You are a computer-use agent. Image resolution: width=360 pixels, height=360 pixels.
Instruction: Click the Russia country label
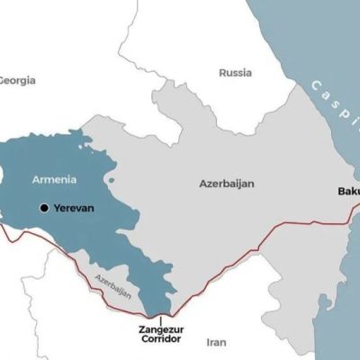[236, 74]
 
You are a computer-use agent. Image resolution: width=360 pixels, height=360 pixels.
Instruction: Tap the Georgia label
[16, 80]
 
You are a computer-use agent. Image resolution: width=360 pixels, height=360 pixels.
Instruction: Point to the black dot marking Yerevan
[43, 208]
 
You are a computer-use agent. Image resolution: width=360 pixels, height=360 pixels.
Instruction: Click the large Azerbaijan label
[226, 184]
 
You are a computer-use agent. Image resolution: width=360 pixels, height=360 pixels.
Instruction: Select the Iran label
[216, 343]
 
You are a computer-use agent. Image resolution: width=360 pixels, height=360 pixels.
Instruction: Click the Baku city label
[348, 192]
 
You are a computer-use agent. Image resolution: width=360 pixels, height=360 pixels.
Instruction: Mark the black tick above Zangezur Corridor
[160, 318]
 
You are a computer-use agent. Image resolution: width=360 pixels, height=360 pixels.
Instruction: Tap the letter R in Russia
[222, 74]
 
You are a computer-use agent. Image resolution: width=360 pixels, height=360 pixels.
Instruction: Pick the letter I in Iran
[208, 343]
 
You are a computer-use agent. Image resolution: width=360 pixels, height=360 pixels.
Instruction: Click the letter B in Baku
[341, 192]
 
